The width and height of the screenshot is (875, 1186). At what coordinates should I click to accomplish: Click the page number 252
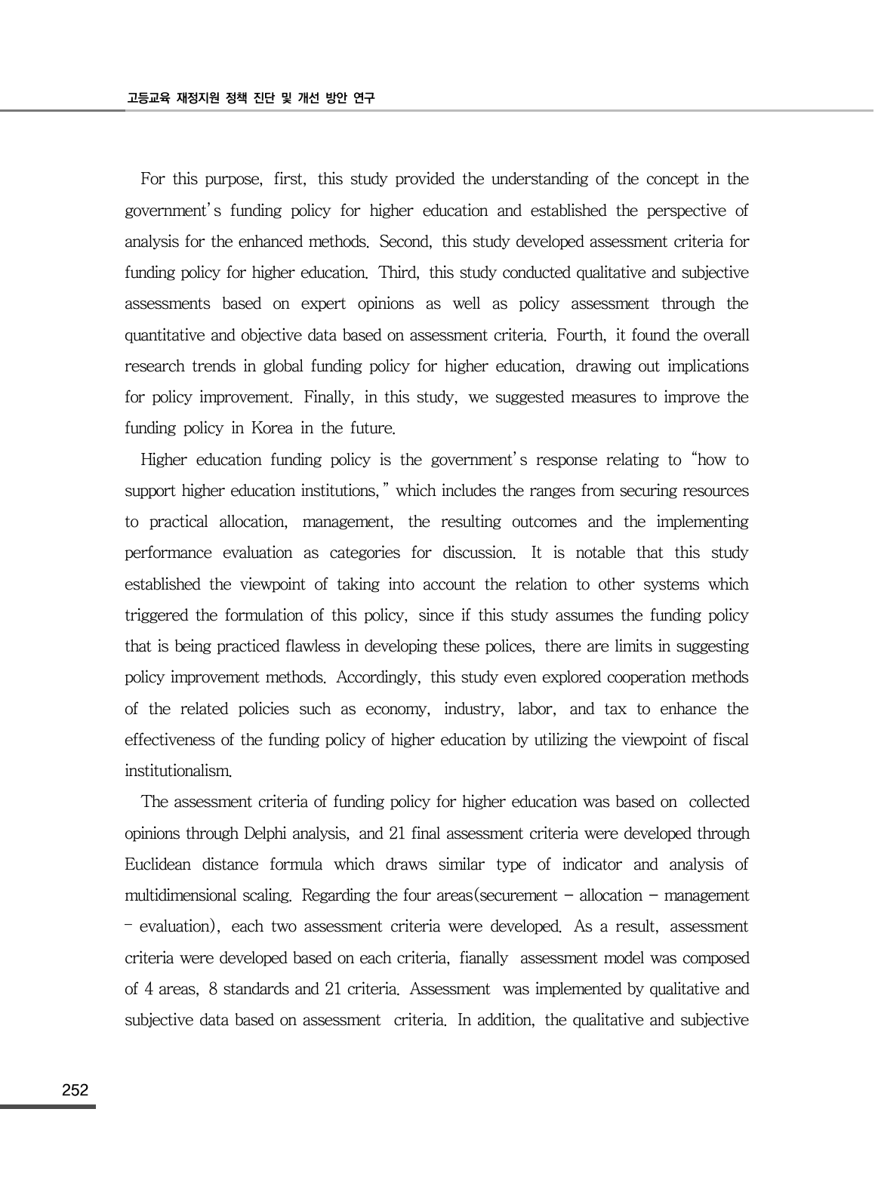pos(75,1089)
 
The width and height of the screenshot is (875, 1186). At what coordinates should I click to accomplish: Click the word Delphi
pos(267,833)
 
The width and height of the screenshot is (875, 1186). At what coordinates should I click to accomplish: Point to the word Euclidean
pos(158,864)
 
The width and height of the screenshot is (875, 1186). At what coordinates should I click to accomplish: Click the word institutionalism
pos(177,771)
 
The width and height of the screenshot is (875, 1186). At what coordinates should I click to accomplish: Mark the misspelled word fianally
pos(483,958)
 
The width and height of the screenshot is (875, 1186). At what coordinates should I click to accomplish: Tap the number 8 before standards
pos(213,989)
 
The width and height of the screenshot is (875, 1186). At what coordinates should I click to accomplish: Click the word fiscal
pos(730,740)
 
